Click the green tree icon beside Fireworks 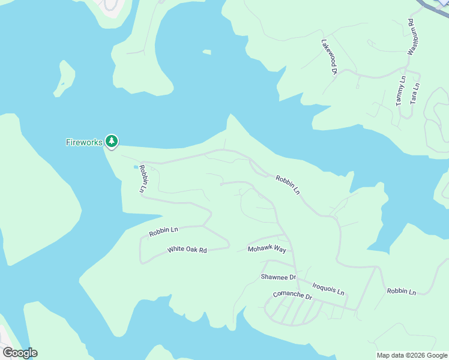tap(111, 141)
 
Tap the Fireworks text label tap(83, 142)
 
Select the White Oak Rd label tap(187, 250)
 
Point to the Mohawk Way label tap(267, 248)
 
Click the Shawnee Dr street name tap(279, 277)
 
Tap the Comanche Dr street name tap(292, 296)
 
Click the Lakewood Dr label tap(330, 57)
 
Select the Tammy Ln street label tap(401, 91)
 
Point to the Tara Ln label tap(414, 94)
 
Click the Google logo tap(20, 353)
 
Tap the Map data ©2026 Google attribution tap(412, 355)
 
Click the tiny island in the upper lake tap(206, 52)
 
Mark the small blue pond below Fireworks tap(134, 167)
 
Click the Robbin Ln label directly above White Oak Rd tap(164, 230)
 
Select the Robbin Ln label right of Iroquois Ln tap(401, 292)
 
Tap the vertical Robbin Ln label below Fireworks tap(143, 179)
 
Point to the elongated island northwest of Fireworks tap(64, 78)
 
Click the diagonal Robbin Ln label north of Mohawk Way tap(288, 185)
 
